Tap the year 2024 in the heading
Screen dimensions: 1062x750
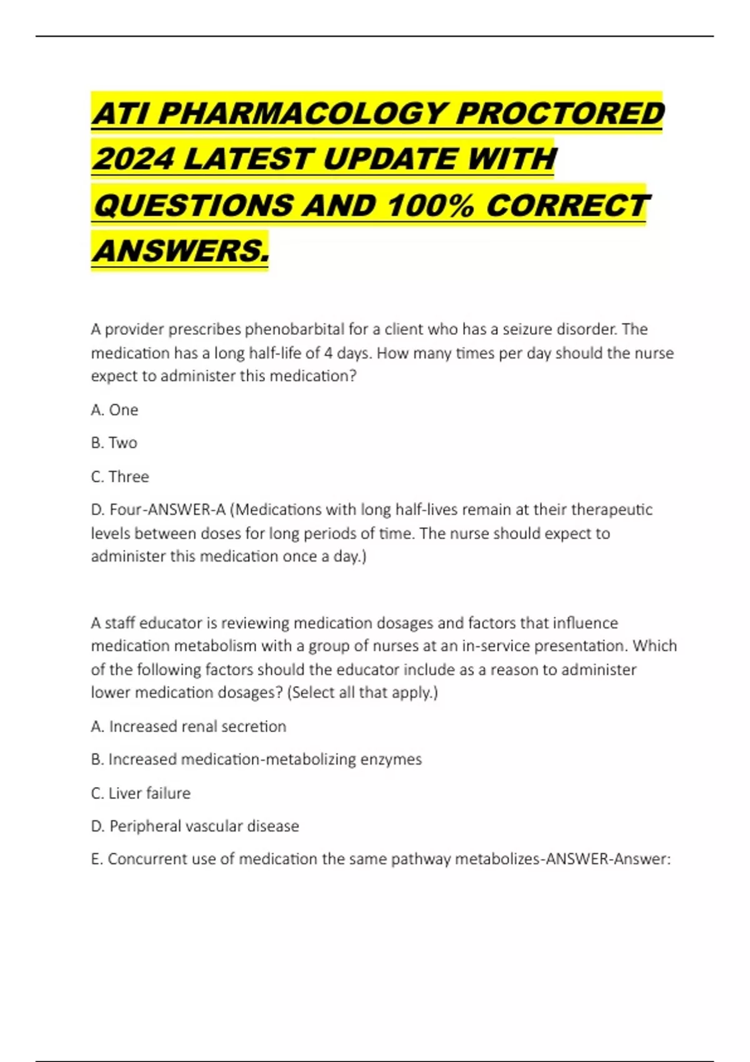132,159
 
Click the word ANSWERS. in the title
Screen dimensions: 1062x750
181,251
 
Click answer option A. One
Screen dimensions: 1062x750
114,410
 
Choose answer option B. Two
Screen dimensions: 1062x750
114,443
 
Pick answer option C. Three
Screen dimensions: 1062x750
120,477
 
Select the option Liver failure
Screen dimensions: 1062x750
141,793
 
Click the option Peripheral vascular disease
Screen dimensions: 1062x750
195,826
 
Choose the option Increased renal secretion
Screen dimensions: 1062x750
188,727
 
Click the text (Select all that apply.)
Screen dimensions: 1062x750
362,693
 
